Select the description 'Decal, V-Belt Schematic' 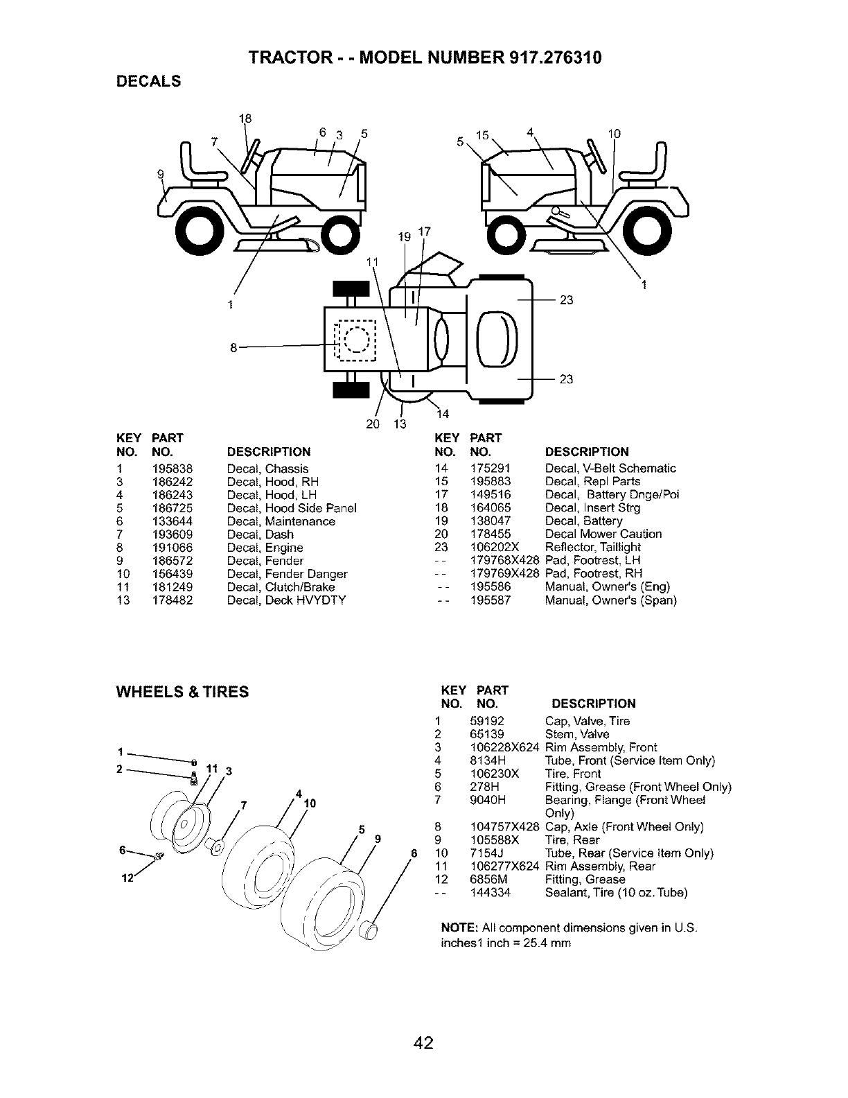pos(610,469)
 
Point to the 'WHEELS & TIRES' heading pos(182,692)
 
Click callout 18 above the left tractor pos(244,118)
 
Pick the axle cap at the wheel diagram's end pos(369,932)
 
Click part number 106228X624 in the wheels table pos(504,748)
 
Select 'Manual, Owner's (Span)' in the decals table pos(610,600)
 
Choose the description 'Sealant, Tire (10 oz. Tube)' pos(616,893)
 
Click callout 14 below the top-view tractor pos(443,414)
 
